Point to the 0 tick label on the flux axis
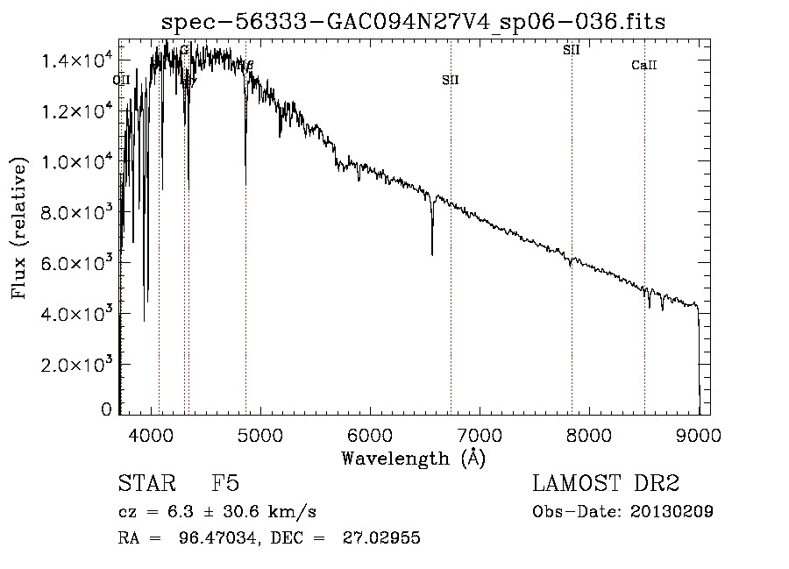106,409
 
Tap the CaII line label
644,66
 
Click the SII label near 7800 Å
572,50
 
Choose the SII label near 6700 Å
451,80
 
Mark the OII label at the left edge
122,80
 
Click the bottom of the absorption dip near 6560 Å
432,254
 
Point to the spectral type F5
226,485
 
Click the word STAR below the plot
145,485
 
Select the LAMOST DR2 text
606,485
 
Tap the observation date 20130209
672,512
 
